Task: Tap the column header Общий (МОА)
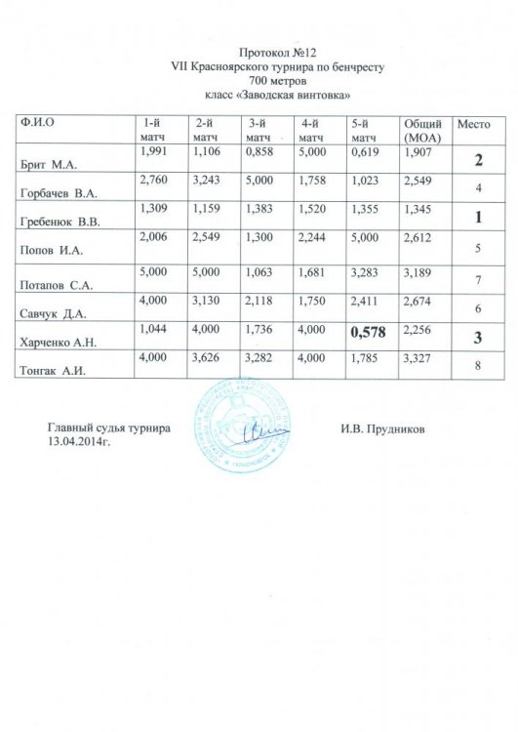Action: (423, 132)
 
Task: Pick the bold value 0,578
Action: (373, 334)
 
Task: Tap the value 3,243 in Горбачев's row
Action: (207, 181)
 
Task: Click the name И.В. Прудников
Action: (383, 427)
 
